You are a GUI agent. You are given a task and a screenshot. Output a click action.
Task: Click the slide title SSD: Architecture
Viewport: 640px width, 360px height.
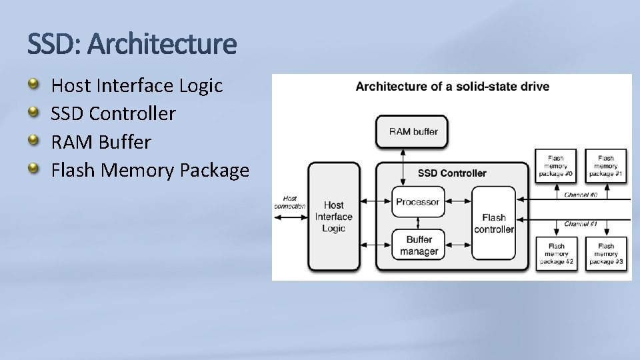click(132, 45)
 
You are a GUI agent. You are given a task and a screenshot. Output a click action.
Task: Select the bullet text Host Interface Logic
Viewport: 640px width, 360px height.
click(137, 86)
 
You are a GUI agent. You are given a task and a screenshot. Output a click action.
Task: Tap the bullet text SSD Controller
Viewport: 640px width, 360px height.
click(113, 114)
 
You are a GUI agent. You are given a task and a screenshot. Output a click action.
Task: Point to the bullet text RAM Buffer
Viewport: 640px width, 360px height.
click(101, 142)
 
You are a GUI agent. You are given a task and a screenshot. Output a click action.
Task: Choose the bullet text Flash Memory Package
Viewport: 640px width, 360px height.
click(150, 171)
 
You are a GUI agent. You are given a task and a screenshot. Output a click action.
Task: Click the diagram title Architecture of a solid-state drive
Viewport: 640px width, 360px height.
click(452, 87)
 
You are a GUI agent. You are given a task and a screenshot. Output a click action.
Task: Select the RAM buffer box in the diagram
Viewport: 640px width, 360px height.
click(413, 131)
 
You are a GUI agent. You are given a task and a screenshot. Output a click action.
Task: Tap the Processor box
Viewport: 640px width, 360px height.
click(417, 202)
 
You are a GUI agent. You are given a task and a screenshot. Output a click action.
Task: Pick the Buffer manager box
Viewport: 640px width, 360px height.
click(418, 245)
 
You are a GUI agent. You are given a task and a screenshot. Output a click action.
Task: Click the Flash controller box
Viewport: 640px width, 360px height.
click(494, 223)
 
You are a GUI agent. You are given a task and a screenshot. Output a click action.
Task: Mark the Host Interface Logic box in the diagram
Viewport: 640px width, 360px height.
click(333, 217)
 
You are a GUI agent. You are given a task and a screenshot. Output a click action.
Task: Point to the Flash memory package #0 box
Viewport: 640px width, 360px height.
click(556, 165)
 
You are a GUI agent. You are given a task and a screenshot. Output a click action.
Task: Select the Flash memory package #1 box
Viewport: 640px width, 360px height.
click(606, 165)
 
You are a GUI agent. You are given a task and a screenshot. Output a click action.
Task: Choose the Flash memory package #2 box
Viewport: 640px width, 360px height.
click(556, 253)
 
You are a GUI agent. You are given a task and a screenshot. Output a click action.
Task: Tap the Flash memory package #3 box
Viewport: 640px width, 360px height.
click(606, 253)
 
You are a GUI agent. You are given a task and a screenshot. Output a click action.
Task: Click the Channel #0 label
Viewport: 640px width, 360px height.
click(581, 195)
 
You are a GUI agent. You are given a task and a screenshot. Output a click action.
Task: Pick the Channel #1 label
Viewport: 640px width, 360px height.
click(581, 224)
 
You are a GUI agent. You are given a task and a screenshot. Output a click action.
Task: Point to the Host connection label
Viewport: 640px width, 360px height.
click(289, 202)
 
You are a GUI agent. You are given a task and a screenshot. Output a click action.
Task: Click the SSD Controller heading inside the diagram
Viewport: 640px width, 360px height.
click(452, 173)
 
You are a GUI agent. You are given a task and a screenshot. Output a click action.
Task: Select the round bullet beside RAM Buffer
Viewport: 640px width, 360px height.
click(33, 141)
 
